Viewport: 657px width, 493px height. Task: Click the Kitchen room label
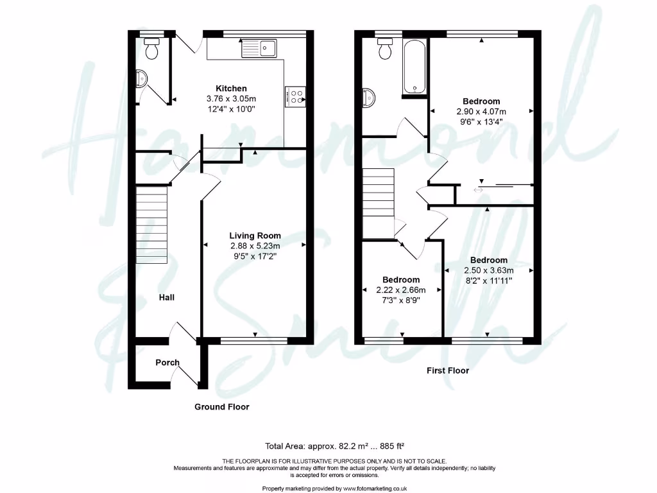pyautogui.click(x=231, y=89)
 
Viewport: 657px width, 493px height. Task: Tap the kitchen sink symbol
pyautogui.click(x=258, y=47)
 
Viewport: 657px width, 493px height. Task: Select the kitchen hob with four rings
pyautogui.click(x=297, y=96)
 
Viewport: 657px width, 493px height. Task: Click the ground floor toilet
pyautogui.click(x=153, y=48)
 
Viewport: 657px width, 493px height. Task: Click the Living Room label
pyautogui.click(x=255, y=236)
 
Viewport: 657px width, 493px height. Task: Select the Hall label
pyautogui.click(x=167, y=297)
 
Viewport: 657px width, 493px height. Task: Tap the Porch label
pyautogui.click(x=167, y=363)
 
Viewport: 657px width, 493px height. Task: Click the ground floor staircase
pyautogui.click(x=151, y=225)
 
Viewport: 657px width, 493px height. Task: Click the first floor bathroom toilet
pyautogui.click(x=386, y=48)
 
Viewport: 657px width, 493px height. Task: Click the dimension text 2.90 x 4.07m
pyautogui.click(x=481, y=112)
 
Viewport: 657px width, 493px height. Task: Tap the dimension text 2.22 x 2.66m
pyautogui.click(x=401, y=290)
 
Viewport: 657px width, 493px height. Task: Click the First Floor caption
pyautogui.click(x=448, y=370)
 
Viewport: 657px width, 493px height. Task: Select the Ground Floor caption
pyautogui.click(x=222, y=407)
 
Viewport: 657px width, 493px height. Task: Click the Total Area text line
pyautogui.click(x=334, y=446)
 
